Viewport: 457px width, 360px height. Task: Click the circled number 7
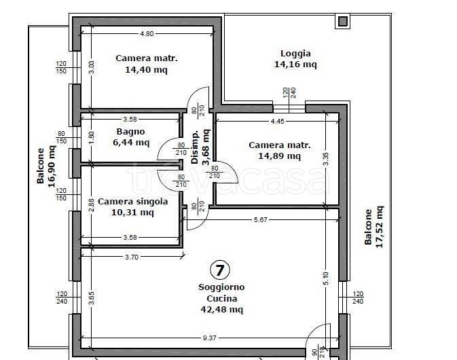point(220,270)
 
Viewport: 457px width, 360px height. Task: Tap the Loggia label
point(295,54)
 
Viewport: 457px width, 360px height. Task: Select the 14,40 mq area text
point(146,70)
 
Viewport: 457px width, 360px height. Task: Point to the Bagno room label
point(130,132)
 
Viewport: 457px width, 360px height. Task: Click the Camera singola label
point(133,202)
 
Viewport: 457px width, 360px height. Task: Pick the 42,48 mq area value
point(222,309)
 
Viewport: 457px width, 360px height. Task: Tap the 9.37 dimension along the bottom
point(210,338)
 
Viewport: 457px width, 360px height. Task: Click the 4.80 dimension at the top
point(147,33)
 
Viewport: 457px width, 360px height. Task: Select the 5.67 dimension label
point(260,220)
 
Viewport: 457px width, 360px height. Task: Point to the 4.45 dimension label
point(277,122)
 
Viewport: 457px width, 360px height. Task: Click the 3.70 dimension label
point(132,257)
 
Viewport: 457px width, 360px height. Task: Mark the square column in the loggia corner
point(342,21)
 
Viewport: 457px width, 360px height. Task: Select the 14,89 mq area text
point(280,156)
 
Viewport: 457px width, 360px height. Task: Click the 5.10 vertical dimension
point(326,278)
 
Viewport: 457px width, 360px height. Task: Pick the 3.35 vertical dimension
point(326,159)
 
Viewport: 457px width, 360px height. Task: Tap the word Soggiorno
point(221,287)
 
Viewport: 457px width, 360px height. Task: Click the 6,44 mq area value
point(131,143)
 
